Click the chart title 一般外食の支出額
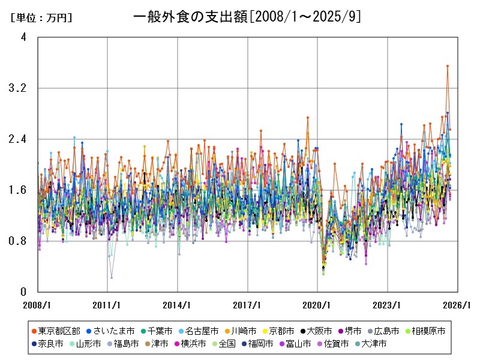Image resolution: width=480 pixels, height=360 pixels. coord(247,17)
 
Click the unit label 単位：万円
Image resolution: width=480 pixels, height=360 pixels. coord(41,18)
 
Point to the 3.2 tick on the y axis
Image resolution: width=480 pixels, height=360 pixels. coord(20,88)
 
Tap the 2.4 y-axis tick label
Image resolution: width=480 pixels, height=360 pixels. coord(20,139)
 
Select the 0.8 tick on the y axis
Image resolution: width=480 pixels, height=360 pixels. coord(20,241)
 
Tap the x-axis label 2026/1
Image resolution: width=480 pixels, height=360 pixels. coord(458,305)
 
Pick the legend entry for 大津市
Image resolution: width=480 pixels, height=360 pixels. coord(370,344)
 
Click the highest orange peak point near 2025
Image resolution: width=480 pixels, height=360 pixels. coord(447,66)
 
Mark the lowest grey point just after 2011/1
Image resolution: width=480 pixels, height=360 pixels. coord(112,277)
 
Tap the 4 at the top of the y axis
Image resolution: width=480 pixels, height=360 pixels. coord(23,37)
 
